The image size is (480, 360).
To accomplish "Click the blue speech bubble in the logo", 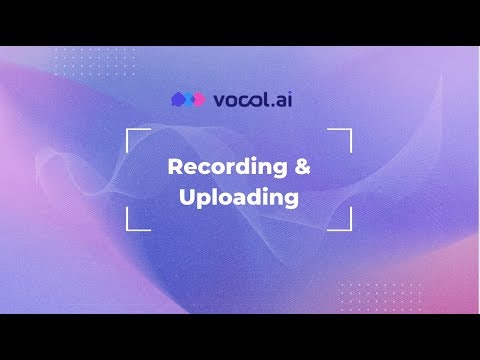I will coord(179,100).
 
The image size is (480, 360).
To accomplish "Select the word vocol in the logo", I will coord(240,100).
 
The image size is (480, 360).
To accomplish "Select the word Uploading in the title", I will coord(239,197).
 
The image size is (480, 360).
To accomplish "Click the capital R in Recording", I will coord(174,167).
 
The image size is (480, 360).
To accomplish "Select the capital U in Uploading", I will coord(187,197).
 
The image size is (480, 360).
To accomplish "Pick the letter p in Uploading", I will coord(203,199).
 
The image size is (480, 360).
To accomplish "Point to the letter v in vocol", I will coord(219,101).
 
